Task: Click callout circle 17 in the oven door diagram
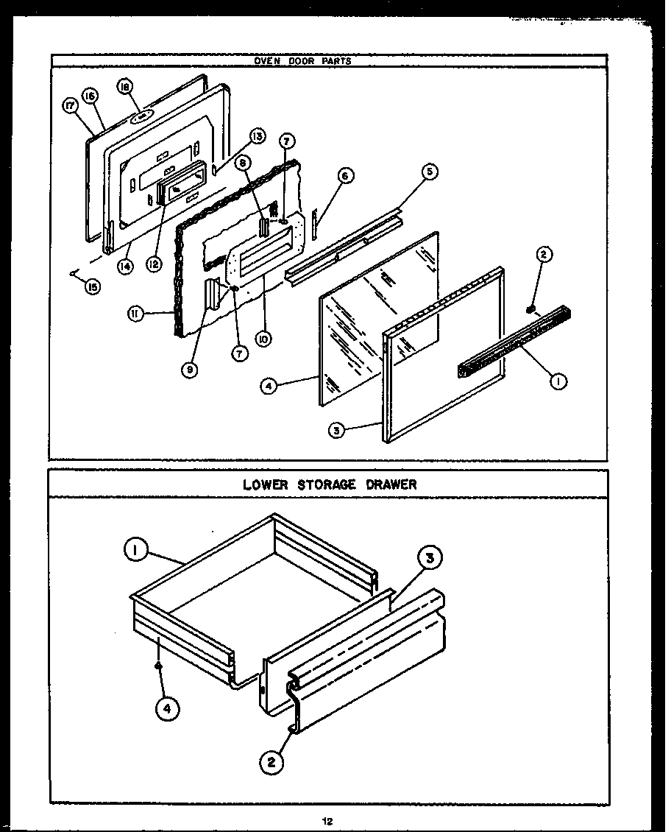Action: click(x=71, y=107)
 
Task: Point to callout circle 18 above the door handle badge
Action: click(x=124, y=88)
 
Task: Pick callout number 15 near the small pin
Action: click(x=92, y=287)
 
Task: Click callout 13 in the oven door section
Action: click(x=256, y=136)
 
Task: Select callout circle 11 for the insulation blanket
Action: click(x=135, y=314)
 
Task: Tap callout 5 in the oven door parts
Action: click(x=430, y=172)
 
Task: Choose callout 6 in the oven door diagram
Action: click(x=346, y=175)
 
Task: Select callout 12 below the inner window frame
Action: click(x=154, y=264)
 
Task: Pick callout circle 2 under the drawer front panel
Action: click(x=271, y=763)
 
